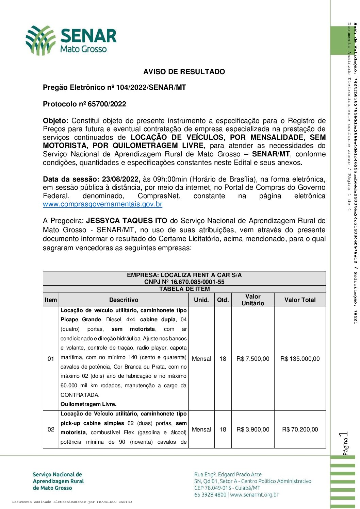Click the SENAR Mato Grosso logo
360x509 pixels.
point(71,40)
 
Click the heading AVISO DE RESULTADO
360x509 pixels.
point(184,72)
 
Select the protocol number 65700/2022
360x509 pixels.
point(107,104)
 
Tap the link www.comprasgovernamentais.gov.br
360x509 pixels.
point(102,204)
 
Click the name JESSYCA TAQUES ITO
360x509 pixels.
point(127,221)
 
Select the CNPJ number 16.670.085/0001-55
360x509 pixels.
point(197,282)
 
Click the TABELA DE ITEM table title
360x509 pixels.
point(184,289)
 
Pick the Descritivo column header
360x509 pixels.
point(124,300)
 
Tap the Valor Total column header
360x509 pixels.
point(300,300)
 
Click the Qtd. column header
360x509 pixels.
point(223,300)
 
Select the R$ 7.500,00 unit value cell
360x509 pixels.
point(253,359)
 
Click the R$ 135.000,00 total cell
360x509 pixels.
point(300,359)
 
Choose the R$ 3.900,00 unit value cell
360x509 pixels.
point(253,429)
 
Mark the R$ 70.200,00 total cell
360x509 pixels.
point(300,429)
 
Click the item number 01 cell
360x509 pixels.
point(51,359)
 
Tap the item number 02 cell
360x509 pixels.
point(51,429)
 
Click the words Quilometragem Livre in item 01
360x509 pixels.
point(88,404)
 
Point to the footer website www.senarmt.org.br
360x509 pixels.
point(254,495)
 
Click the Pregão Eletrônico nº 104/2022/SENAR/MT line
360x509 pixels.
point(114,87)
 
